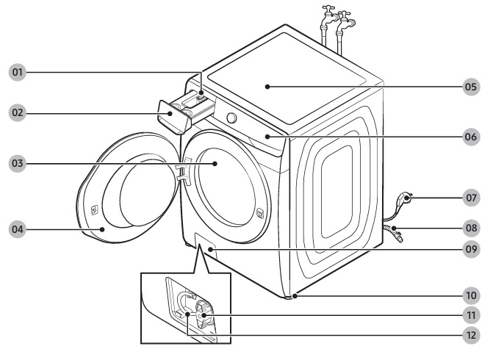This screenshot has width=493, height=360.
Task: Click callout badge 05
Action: [471, 86]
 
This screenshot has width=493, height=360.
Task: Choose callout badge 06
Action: [471, 137]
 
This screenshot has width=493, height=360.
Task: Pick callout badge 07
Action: [471, 198]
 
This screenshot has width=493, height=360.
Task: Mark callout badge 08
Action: [471, 228]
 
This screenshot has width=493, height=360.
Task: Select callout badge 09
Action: [471, 250]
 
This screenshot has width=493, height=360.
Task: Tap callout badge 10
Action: [471, 296]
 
